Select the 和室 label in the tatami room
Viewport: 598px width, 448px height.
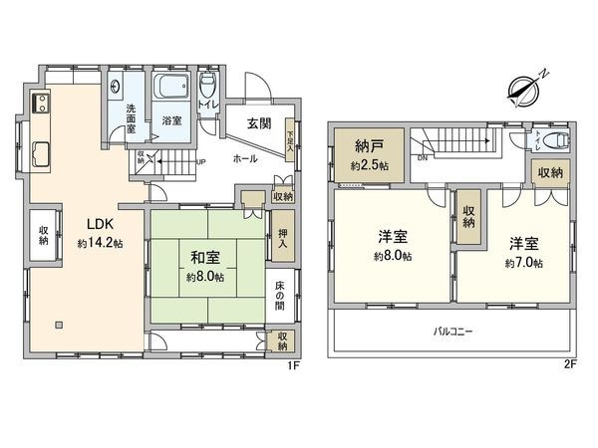(206, 258)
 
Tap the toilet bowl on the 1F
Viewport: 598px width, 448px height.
(207, 83)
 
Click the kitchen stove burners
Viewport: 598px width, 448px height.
(41, 104)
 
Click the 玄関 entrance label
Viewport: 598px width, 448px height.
(258, 123)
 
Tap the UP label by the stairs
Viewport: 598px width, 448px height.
(201, 161)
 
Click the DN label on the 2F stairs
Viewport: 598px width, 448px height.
(422, 157)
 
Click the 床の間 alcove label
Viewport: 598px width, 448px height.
(281, 297)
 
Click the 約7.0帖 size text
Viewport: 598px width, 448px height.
(523, 263)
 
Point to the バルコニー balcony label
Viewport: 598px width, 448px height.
(451, 330)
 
